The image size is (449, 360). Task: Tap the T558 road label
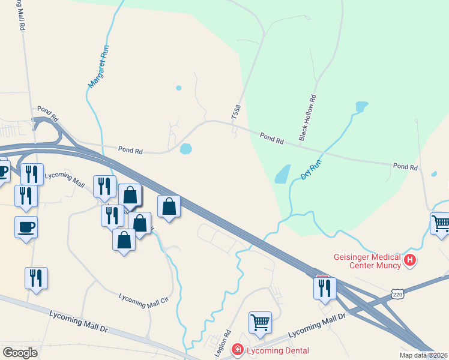point(236,111)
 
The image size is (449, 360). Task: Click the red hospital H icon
point(410,260)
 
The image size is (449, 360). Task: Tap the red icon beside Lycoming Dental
point(238,350)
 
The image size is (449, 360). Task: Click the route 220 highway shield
point(397,294)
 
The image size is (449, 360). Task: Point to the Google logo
point(20,352)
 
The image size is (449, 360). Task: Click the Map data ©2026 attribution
point(424,355)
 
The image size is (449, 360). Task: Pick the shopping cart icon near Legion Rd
point(260,322)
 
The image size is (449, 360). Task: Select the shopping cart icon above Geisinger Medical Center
point(441,223)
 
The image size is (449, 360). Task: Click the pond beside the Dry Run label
point(283,174)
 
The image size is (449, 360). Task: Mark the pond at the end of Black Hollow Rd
point(361,107)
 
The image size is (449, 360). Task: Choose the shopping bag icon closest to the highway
point(169,206)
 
